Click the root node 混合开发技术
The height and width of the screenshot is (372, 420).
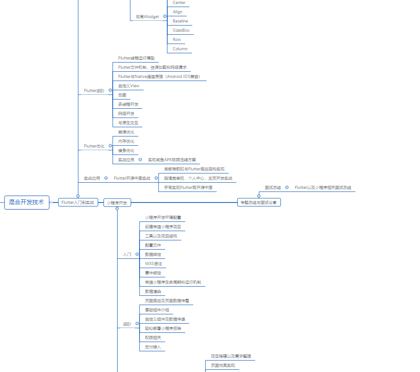[x=26, y=203]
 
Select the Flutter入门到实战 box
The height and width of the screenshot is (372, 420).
[x=78, y=203]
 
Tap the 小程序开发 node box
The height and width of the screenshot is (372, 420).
[x=117, y=203]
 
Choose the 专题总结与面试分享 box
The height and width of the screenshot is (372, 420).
[x=259, y=203]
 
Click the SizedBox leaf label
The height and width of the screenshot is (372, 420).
[x=181, y=30]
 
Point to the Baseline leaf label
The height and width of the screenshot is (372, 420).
[x=180, y=21]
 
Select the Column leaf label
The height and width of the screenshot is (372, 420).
[x=180, y=49]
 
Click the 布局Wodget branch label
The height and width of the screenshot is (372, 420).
[x=147, y=17]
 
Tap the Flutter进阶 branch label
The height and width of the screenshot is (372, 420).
[x=94, y=91]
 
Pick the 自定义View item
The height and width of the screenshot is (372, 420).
[x=129, y=86]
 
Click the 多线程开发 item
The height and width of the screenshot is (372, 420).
[x=128, y=104]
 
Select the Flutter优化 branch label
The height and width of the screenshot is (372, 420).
[x=94, y=146]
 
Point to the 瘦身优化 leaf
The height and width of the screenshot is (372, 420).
[x=126, y=151]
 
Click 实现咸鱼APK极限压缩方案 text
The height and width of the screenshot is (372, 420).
[x=172, y=160]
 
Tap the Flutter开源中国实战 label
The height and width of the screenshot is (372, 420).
[x=132, y=178]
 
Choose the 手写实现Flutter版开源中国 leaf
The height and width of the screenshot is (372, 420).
[x=188, y=188]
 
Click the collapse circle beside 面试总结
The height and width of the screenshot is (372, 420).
[x=287, y=188]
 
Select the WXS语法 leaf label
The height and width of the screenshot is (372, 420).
[x=153, y=264]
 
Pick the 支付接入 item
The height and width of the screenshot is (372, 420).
[x=153, y=347]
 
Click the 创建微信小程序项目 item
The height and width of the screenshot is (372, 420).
[x=163, y=227]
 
